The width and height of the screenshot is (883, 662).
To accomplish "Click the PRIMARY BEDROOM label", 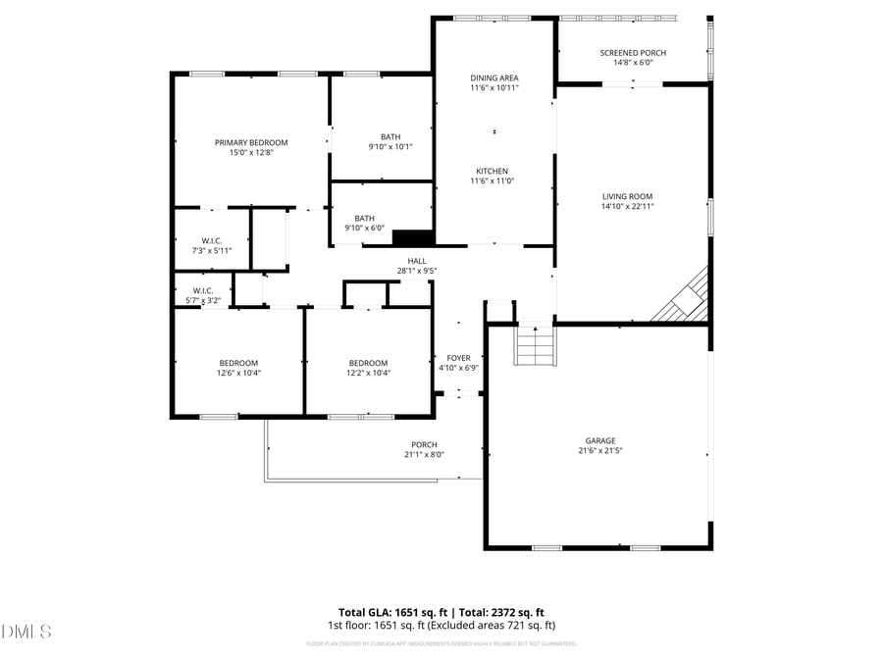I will pyautogui.click(x=251, y=142).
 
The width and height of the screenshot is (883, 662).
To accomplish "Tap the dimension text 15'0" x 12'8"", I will pyautogui.click(x=251, y=153).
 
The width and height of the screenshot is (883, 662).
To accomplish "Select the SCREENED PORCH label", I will pyautogui.click(x=633, y=52).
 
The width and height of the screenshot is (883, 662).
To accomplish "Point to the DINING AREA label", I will pyautogui.click(x=494, y=77).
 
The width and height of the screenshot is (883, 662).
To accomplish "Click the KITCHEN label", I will pyautogui.click(x=494, y=171).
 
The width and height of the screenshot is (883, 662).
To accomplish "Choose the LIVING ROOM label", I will pyautogui.click(x=628, y=195).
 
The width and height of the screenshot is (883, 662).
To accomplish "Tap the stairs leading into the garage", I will pyautogui.click(x=536, y=345).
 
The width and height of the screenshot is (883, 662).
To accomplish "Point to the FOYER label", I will pyautogui.click(x=459, y=358).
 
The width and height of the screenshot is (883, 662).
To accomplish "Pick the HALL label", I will pyautogui.click(x=417, y=260).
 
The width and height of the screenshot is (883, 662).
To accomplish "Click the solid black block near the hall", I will pyautogui.click(x=412, y=236).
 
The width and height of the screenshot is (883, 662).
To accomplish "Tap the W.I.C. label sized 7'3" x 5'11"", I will pyautogui.click(x=212, y=240).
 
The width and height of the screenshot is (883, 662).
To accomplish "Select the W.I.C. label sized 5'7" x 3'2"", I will pyautogui.click(x=203, y=290).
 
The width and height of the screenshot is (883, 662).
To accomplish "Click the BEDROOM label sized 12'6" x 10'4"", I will pyautogui.click(x=238, y=362).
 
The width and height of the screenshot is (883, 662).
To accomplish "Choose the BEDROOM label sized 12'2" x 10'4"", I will pyautogui.click(x=368, y=362).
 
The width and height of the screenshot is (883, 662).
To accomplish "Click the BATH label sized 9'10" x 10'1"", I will pyautogui.click(x=390, y=136).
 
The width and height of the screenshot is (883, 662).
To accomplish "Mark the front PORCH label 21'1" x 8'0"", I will pyautogui.click(x=424, y=444).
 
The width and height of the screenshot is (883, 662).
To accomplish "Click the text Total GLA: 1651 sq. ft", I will pyautogui.click(x=388, y=611).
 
